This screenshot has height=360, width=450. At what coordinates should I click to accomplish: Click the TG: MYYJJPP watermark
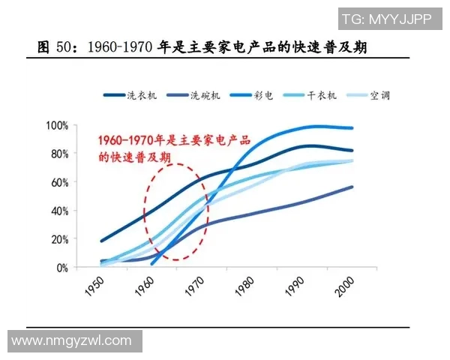click(x=386, y=19)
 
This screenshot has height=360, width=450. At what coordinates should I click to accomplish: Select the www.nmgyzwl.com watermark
click(x=72, y=341)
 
